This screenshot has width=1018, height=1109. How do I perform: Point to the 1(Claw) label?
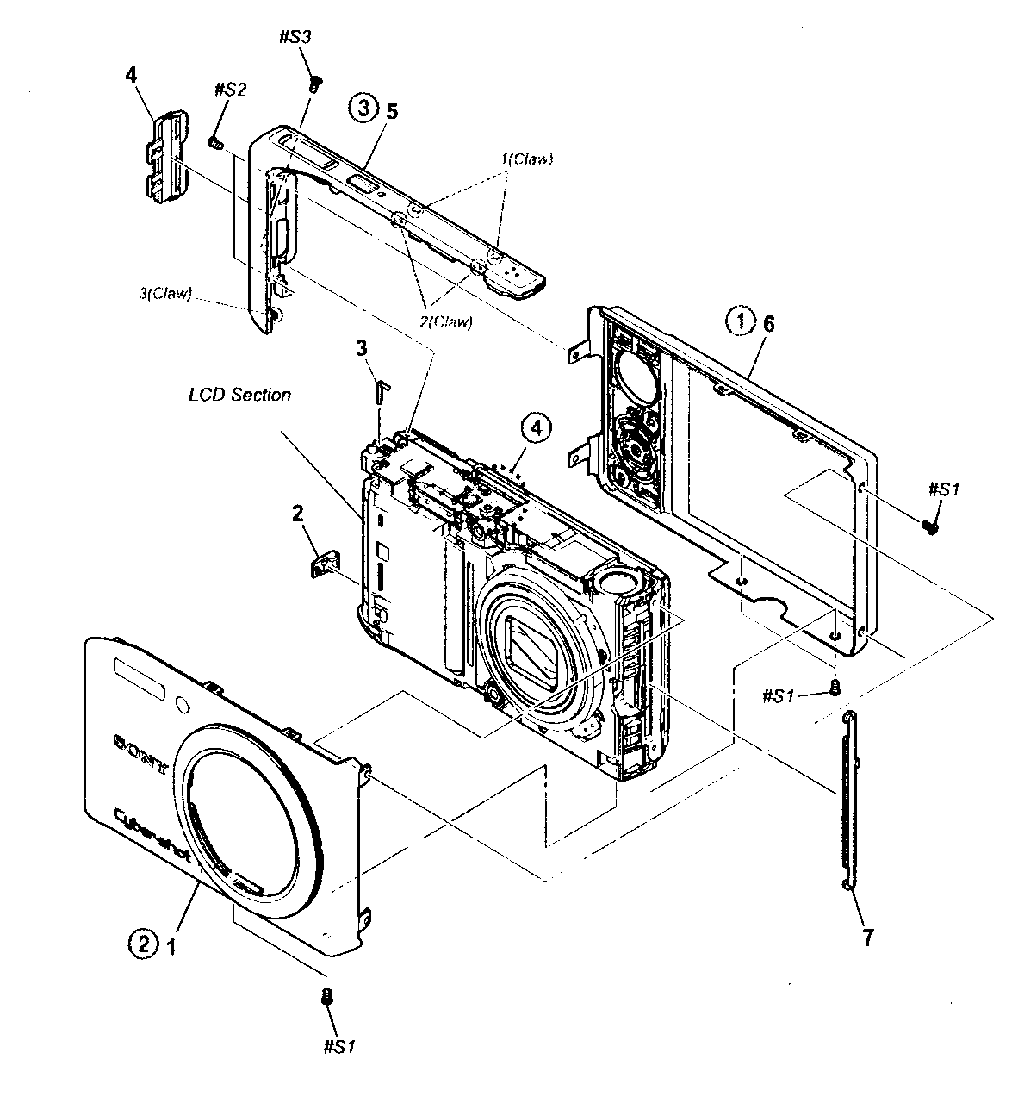point(526,159)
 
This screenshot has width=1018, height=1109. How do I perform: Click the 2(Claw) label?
point(446,321)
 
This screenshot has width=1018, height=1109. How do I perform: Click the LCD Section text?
point(239,395)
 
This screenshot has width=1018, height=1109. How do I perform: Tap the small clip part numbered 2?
point(321,564)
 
